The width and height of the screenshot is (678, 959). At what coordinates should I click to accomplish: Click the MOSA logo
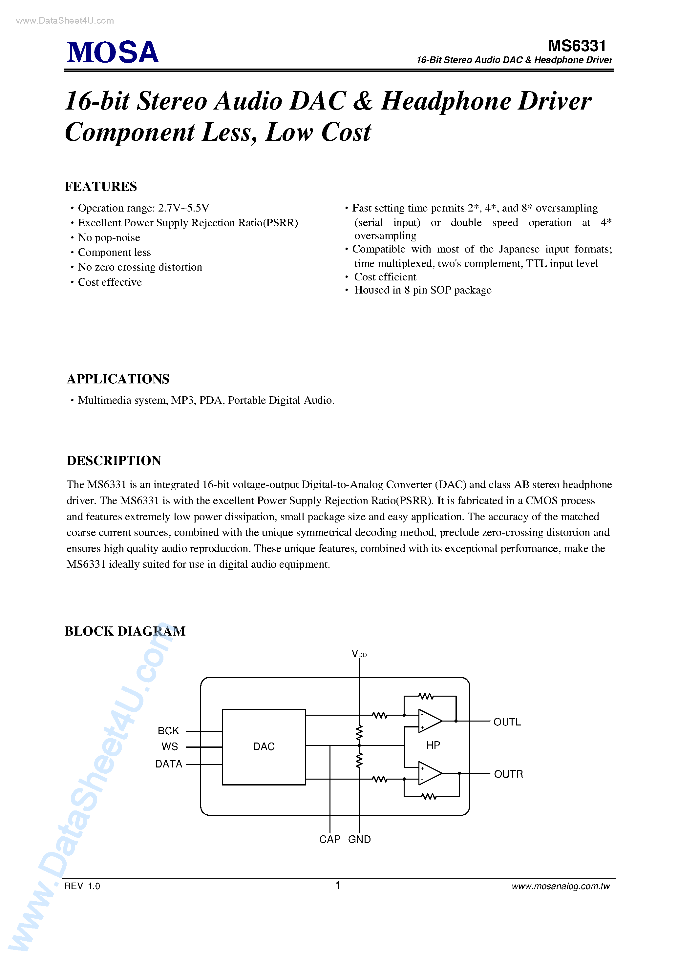[x=113, y=52]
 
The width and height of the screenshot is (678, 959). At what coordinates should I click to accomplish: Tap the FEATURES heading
[x=101, y=186]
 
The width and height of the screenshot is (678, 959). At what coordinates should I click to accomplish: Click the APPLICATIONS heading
[x=118, y=379]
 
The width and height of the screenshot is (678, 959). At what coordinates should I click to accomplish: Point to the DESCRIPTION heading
[x=114, y=460]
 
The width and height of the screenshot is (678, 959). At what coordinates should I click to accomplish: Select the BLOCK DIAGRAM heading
[x=125, y=631]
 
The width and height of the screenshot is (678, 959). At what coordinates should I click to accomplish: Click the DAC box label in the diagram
[x=264, y=746]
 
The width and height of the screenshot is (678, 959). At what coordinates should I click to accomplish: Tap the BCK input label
[x=168, y=730]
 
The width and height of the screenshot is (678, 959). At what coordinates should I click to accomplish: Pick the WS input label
[x=170, y=746]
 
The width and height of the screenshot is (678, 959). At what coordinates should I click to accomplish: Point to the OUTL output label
[x=507, y=722]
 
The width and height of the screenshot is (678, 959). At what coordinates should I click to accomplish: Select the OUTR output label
[x=508, y=774]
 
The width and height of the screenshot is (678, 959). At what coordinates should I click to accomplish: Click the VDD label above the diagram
[x=359, y=654]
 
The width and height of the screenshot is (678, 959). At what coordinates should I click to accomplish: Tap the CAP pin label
[x=329, y=839]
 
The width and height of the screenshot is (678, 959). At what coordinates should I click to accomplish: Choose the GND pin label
[x=359, y=839]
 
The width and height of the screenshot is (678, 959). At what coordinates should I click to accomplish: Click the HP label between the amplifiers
[x=433, y=745]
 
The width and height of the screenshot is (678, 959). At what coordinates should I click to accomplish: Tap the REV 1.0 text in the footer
[x=82, y=886]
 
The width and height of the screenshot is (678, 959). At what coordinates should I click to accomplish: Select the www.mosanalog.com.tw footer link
[x=561, y=886]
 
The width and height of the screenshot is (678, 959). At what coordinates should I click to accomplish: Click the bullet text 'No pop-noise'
[x=109, y=238]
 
